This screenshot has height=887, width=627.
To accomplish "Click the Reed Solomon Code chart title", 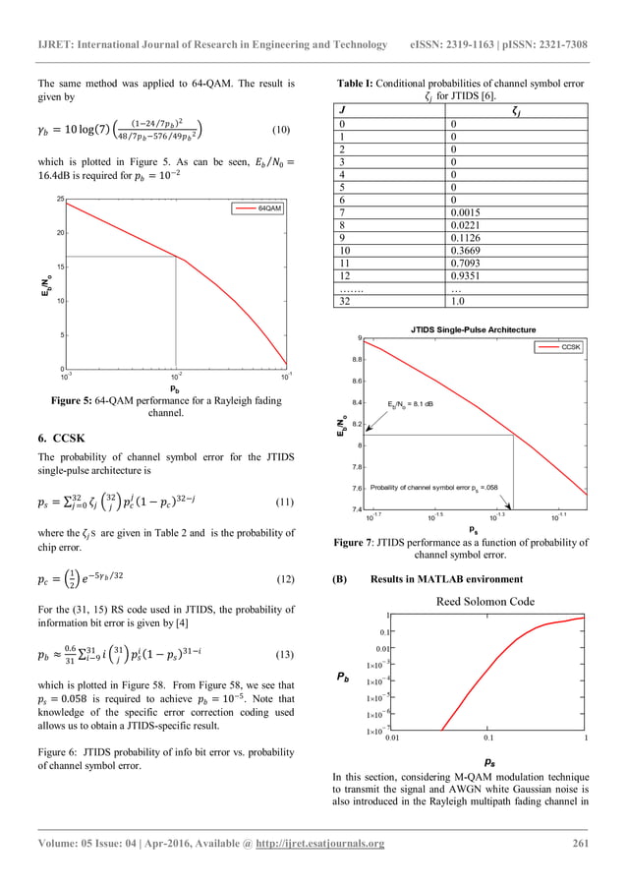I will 485,601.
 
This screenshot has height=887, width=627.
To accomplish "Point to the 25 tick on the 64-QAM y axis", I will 59,200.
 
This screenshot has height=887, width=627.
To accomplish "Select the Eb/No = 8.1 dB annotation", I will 405,403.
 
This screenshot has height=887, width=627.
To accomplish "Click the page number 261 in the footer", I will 576,844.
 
